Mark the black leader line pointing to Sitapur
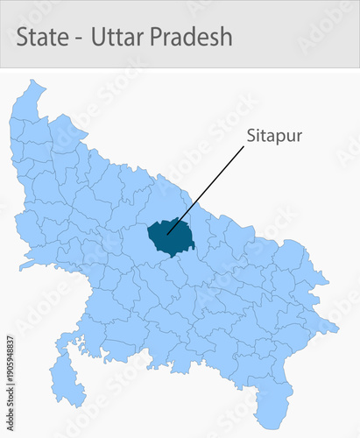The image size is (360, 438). (x=206, y=188)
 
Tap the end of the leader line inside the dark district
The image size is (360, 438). (x=168, y=233)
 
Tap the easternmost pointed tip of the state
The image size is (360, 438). (x=337, y=329)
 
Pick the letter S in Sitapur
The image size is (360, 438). (x=251, y=137)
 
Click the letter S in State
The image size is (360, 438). (x=24, y=37)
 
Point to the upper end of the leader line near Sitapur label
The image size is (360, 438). (x=244, y=146)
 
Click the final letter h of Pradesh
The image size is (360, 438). (x=226, y=37)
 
